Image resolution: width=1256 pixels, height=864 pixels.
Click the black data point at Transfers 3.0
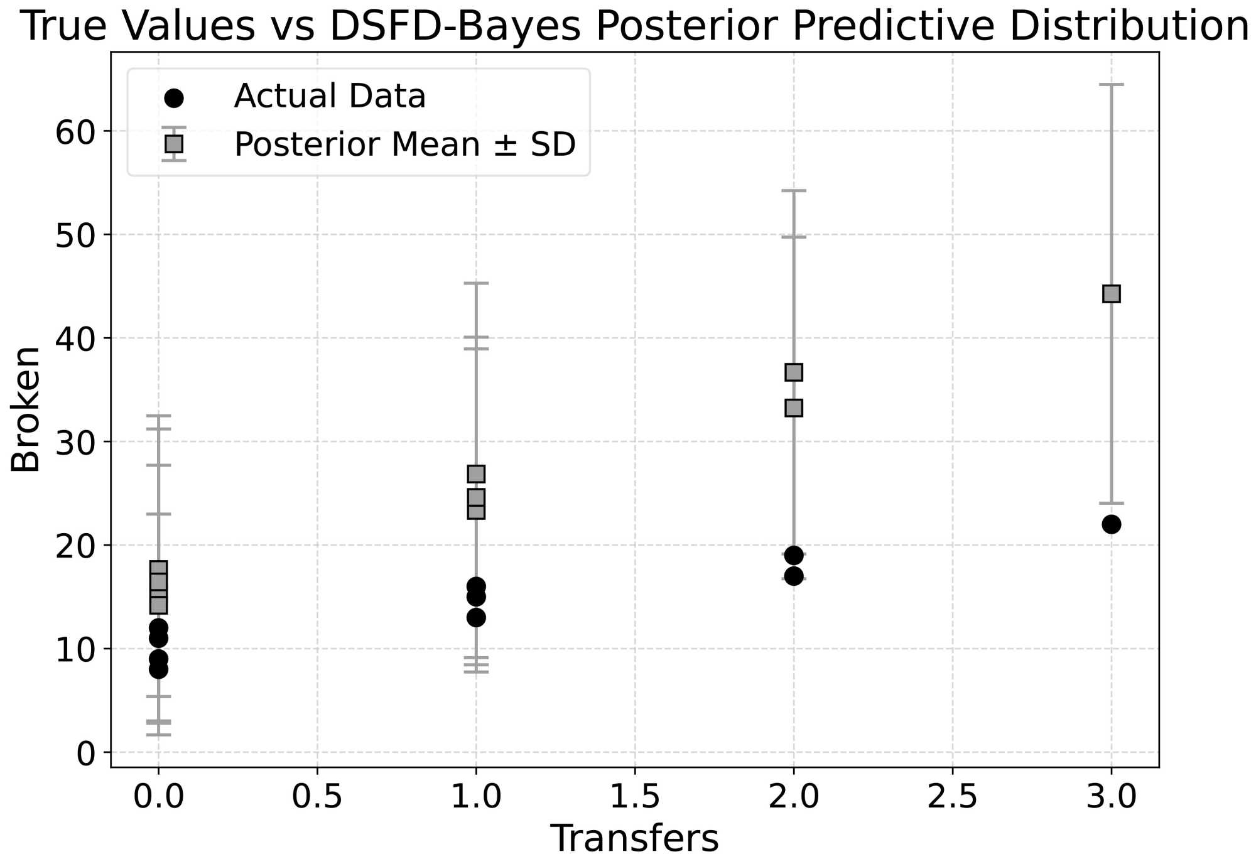pos(1111,524)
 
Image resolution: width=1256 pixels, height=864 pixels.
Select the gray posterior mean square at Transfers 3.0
pos(1111,294)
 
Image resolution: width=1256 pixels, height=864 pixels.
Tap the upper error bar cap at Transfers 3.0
pos(1111,84)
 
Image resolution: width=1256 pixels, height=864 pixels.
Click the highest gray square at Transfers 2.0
pos(794,372)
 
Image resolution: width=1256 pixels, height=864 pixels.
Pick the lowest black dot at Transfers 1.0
pos(476,618)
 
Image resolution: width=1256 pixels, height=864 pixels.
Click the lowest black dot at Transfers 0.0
pos(158,669)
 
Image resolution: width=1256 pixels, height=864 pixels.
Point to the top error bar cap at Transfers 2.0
pos(794,190)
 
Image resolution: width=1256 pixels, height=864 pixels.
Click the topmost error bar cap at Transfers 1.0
pos(476,283)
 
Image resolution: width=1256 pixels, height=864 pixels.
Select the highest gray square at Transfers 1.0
pos(476,474)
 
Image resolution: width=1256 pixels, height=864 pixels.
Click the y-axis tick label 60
pos(74,132)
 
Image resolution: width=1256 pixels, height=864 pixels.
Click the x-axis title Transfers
pos(634,839)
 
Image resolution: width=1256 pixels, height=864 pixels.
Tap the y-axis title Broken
pos(25,409)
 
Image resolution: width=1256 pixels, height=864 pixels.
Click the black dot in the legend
pos(173,98)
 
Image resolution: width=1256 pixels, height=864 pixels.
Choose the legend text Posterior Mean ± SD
pos(404,144)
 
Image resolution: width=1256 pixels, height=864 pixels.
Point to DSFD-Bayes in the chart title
pos(455,26)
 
